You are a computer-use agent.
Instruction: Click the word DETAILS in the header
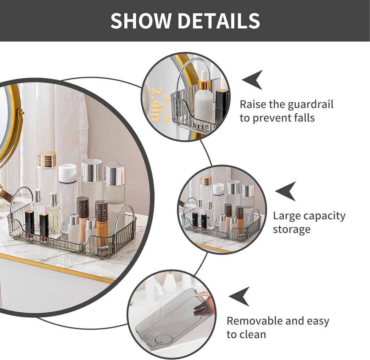click(218, 21)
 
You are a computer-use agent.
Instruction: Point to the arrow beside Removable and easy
click(240, 296)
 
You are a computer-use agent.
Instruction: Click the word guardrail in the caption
click(310, 105)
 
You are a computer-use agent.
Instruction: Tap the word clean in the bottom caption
click(252, 334)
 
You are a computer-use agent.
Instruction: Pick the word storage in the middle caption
click(292, 230)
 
